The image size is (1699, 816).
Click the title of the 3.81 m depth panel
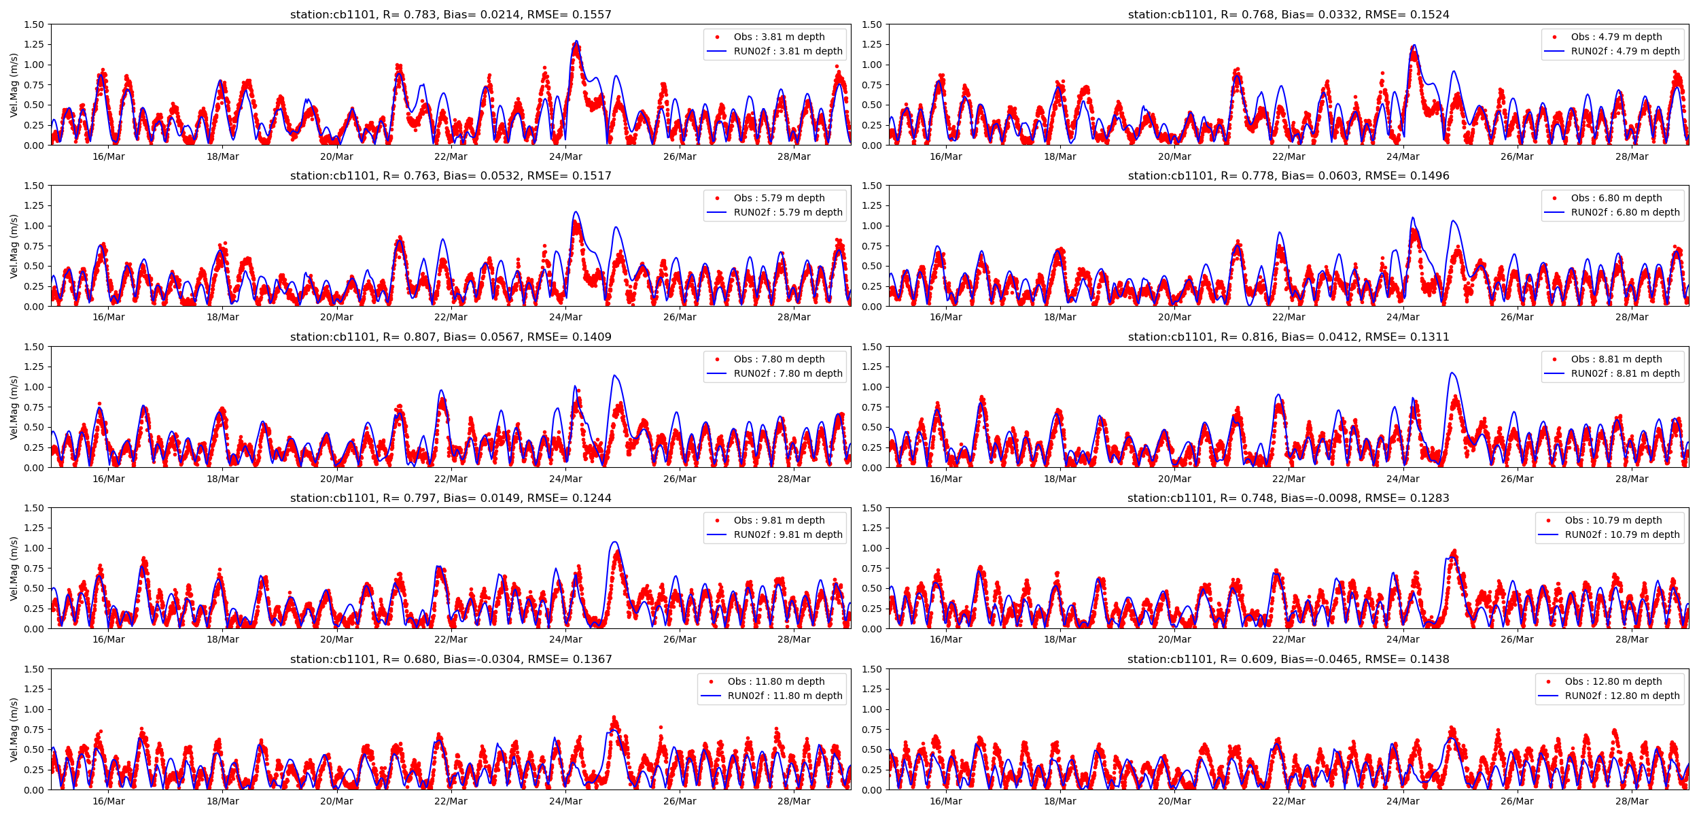click(x=451, y=14)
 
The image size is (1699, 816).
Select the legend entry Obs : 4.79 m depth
click(x=1616, y=37)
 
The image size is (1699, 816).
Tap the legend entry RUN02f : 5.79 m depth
click(x=788, y=212)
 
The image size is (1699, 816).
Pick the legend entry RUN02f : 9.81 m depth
click(x=788, y=534)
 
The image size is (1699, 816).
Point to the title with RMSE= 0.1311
click(x=1289, y=337)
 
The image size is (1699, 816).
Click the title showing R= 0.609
click(x=1288, y=659)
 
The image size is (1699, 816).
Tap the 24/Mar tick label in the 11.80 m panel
click(x=565, y=801)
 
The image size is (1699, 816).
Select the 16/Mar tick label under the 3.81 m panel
click(x=109, y=156)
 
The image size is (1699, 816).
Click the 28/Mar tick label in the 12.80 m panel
click(x=1632, y=801)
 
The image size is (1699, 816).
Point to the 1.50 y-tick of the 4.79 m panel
click(x=871, y=24)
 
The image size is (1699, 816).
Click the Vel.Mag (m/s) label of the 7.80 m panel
click(x=14, y=407)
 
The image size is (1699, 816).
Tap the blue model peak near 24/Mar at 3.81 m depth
click(x=576, y=41)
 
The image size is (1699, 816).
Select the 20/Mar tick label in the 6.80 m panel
click(x=1174, y=318)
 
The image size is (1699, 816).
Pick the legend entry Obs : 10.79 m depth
click(x=1613, y=520)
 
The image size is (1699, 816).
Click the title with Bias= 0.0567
click(x=451, y=337)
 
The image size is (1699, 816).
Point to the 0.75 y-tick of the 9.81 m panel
click(x=34, y=568)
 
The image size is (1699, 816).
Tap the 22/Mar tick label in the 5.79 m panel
click(x=451, y=318)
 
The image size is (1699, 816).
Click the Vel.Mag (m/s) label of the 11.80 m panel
click(x=14, y=730)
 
